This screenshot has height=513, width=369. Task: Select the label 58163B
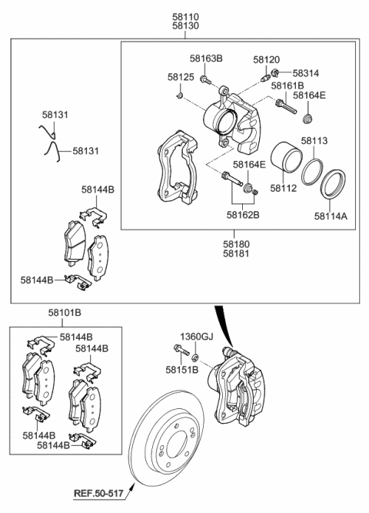click(206, 59)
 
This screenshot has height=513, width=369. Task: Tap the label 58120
click(267, 59)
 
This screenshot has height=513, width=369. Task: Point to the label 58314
click(305, 72)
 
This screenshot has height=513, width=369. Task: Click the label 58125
click(181, 78)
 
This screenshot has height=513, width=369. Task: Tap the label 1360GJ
click(195, 336)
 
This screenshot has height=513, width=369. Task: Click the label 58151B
click(181, 370)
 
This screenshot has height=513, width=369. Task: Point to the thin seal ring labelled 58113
click(311, 172)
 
